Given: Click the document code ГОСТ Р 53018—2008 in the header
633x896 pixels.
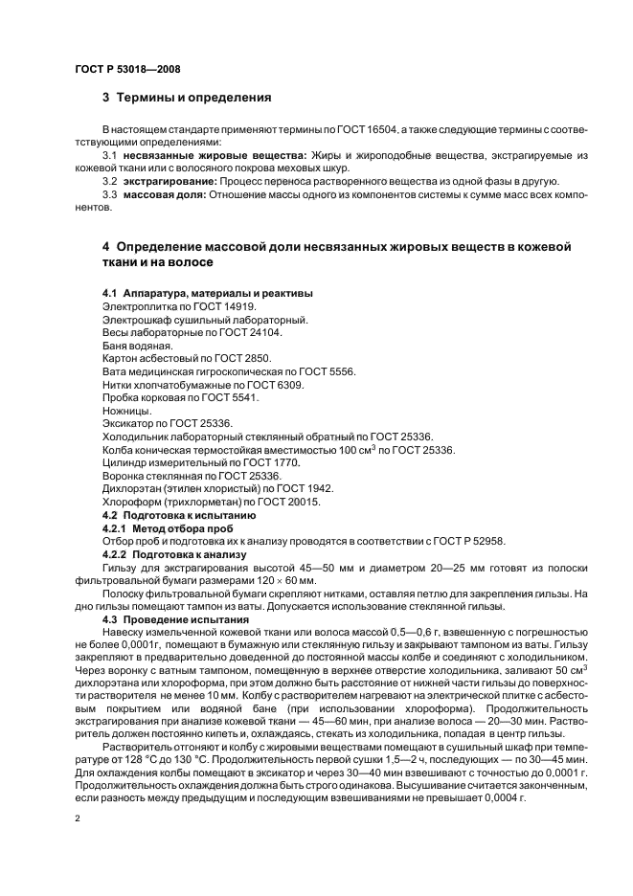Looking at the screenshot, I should tap(126, 70).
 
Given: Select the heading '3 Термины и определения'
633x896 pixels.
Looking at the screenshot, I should tap(187, 98).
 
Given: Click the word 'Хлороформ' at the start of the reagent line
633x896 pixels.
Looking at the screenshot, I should tap(130, 502).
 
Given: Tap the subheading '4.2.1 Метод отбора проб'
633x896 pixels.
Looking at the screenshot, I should tap(165, 527).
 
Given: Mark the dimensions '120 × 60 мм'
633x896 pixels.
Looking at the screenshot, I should tap(294, 580).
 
